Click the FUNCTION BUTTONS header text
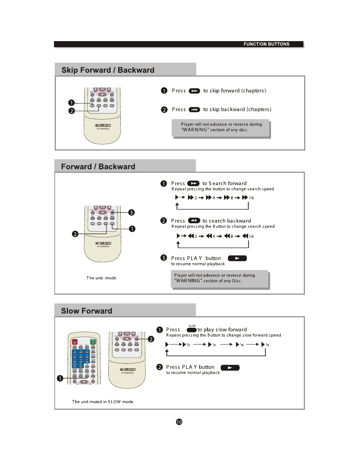[266, 44]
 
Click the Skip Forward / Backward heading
[108, 70]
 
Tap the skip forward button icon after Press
[194, 91]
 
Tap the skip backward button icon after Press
[194, 110]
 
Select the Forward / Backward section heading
[98, 167]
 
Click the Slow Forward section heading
[86, 311]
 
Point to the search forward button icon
[193, 183]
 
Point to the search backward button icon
[194, 221]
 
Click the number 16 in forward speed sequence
[251, 198]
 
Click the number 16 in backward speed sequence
[251, 236]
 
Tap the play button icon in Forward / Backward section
[237, 258]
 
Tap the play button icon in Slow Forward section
[230, 368]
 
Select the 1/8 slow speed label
[267, 345]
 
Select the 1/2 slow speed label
[188, 345]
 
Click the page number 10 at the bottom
[179, 422]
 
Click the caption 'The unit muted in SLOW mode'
[102, 401]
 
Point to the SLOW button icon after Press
[192, 330]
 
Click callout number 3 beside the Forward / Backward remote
[131, 212]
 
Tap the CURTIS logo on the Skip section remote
[103, 125]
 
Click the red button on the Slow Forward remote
[75, 342]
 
